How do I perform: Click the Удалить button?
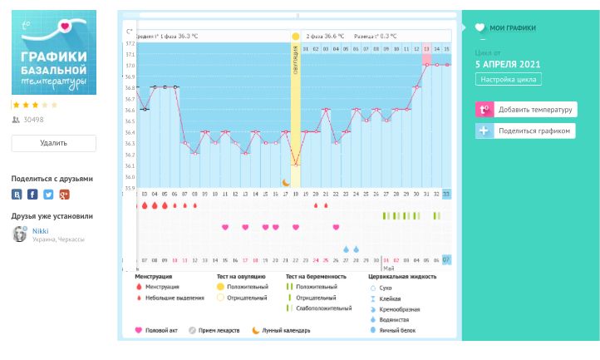click(x=53, y=143)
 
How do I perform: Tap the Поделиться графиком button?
click(x=525, y=131)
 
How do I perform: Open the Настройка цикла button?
click(x=509, y=80)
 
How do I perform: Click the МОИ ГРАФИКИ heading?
click(x=514, y=27)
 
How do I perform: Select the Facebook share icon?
click(x=32, y=195)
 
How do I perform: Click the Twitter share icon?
click(x=48, y=195)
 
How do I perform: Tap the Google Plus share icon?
click(x=64, y=195)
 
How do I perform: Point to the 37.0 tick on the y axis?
click(x=130, y=66)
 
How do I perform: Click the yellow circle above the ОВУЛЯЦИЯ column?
click(x=295, y=37)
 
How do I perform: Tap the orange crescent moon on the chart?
click(x=286, y=182)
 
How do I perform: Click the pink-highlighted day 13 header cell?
click(x=426, y=49)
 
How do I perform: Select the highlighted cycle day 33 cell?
click(x=446, y=194)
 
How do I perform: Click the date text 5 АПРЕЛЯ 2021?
click(x=507, y=63)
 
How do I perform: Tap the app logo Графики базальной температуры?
click(x=54, y=52)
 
